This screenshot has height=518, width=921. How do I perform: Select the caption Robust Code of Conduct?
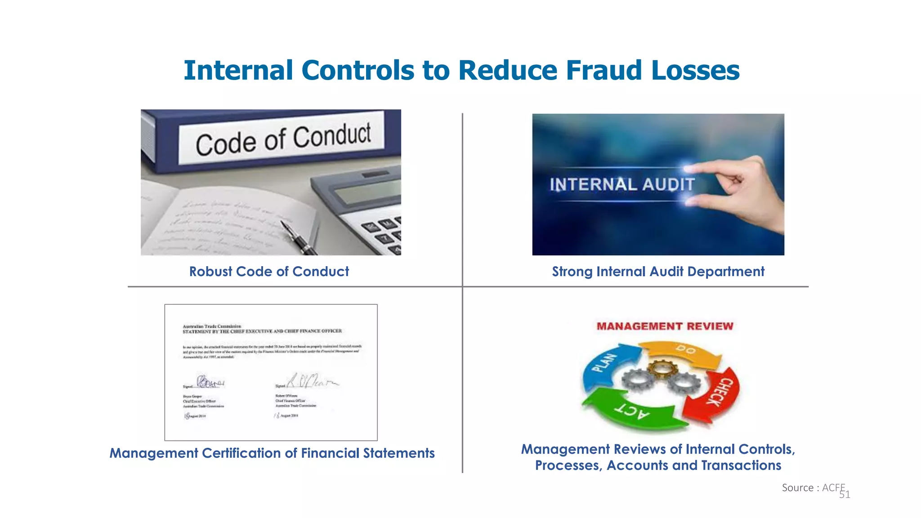pos(269,272)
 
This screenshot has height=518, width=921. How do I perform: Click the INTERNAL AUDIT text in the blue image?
pos(622,185)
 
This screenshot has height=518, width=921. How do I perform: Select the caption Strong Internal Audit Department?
pos(658,272)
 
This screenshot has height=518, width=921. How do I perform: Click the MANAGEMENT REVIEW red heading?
pos(665,326)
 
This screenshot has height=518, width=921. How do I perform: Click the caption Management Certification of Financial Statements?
pos(272,453)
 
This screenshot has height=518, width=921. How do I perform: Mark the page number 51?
pos(845,495)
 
